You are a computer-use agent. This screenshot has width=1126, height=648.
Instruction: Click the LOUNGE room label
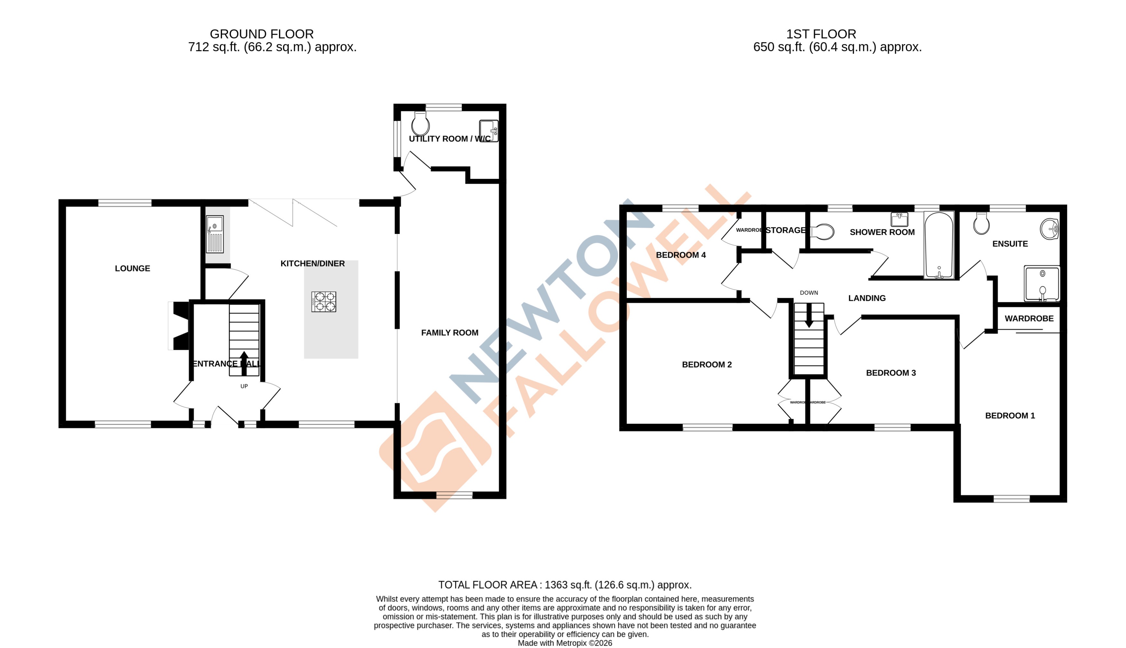pos(132,268)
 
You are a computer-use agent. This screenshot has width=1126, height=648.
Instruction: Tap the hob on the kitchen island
pos(323,302)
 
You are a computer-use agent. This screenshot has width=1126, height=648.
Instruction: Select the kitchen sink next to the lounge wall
pos(215,234)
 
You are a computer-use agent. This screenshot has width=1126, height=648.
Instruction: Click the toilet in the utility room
pos(420,124)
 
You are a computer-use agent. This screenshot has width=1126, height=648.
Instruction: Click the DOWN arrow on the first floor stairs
pos(809,315)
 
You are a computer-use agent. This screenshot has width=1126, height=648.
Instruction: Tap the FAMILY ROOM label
pos(449,332)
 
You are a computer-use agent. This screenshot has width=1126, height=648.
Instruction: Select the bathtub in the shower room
pos(939,245)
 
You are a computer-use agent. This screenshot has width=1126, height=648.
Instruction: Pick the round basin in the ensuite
pos(1049,229)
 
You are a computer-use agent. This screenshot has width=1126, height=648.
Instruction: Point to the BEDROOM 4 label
pos(681,255)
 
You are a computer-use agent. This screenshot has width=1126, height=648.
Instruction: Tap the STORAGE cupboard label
pos(785,230)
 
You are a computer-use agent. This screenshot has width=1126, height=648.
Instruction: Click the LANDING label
pos(867,298)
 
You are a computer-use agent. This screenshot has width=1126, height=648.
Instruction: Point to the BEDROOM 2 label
pos(706,365)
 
